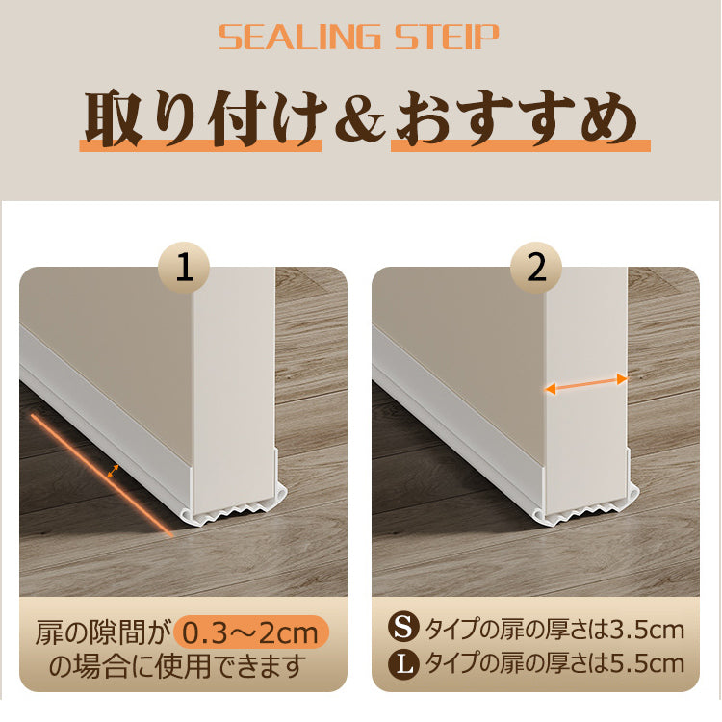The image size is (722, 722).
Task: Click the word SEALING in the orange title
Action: [x=299, y=38]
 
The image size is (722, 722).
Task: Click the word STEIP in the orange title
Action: [x=447, y=38]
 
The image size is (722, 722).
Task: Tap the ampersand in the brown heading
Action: [x=360, y=118]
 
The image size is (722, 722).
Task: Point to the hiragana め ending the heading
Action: [x=608, y=119]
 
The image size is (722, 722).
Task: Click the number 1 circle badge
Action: [x=184, y=268]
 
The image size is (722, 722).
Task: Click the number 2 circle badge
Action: [x=536, y=268]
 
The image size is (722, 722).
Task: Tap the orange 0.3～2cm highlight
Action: [x=251, y=632]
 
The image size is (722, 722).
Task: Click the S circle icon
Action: [x=403, y=627]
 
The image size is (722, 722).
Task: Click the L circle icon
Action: [x=403, y=663]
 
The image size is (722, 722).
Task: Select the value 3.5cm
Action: [x=647, y=630]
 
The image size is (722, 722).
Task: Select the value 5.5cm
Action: [x=647, y=663]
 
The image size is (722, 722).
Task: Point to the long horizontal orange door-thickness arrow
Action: [x=586, y=384]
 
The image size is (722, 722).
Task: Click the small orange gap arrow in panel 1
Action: [x=114, y=471]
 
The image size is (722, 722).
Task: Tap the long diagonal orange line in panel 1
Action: [x=102, y=476]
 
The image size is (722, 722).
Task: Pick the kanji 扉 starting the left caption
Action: [x=49, y=632]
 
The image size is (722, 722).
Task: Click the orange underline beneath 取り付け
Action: [x=200, y=145]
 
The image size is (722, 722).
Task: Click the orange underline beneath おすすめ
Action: [x=520, y=145]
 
